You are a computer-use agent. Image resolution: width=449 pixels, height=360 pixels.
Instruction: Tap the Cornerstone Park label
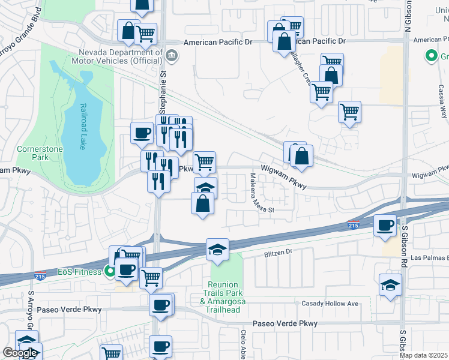32,153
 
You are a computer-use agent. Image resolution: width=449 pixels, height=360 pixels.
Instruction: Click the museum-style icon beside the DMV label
172,56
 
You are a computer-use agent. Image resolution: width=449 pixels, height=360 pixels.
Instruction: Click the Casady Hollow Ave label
330,304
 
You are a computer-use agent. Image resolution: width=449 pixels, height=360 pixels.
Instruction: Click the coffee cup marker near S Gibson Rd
385,226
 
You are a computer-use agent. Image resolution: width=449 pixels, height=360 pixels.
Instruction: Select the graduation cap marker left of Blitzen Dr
217,250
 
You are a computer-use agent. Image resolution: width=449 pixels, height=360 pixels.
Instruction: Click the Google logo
20,353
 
